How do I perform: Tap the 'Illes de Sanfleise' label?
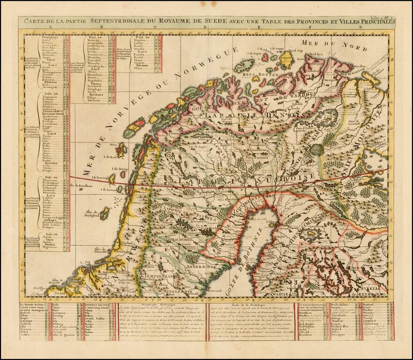point(81,186)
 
